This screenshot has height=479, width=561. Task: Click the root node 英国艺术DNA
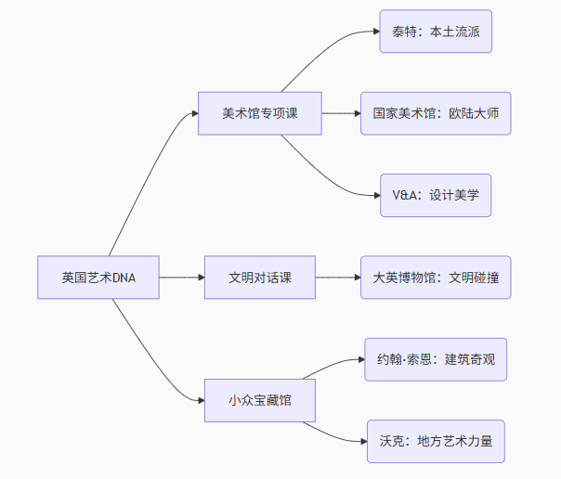point(98,278)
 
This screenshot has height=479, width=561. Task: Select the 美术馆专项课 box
point(259,113)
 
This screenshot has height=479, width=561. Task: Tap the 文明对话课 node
point(260,278)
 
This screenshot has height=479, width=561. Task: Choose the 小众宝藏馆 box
point(260,400)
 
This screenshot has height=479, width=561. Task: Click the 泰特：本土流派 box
point(436,32)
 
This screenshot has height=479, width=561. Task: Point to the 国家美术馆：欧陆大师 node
point(436,113)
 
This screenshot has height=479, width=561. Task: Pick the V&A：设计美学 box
point(436,196)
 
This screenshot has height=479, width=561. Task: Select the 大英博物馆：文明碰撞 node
point(436,278)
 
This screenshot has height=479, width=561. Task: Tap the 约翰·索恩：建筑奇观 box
point(436,359)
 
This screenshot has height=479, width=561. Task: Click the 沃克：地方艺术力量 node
point(436,441)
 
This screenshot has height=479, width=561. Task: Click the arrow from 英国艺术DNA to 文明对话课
point(181,278)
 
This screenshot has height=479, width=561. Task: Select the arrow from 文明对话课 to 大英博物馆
point(337,278)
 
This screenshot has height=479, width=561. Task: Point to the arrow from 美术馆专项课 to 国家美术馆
point(341,113)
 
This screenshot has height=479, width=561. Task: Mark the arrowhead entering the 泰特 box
point(374,32)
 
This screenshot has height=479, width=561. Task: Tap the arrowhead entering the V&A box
point(374,196)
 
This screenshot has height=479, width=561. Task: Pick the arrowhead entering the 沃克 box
point(361,441)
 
